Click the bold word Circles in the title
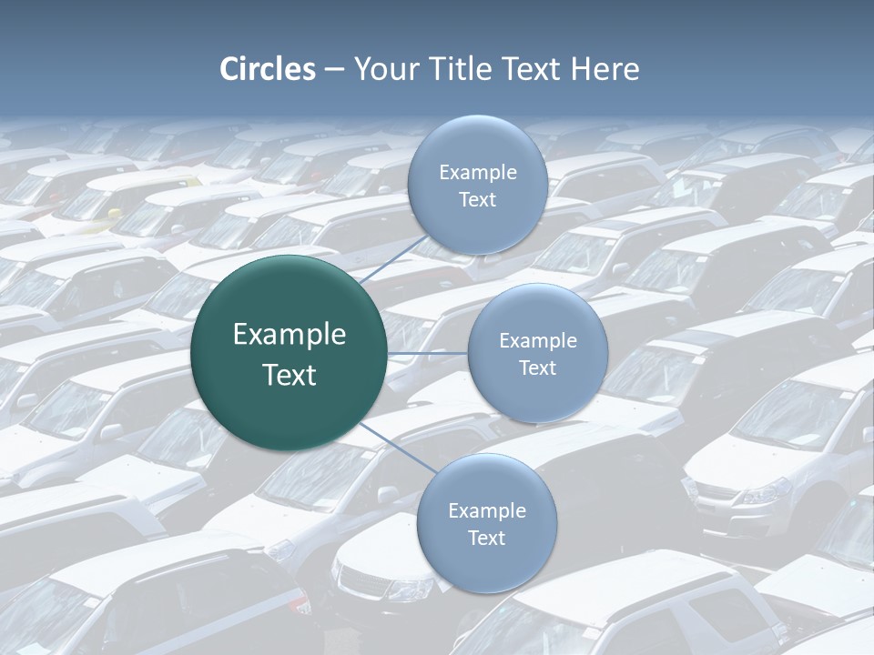coord(268,69)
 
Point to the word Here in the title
coord(605,69)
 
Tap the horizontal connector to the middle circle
coord(428,353)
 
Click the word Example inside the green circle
coord(290,335)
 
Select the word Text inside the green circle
coord(290,375)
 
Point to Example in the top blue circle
coord(478,172)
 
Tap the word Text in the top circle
coord(477,199)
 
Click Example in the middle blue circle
coord(538,340)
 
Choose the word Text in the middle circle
coord(537,368)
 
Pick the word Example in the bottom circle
coord(487,510)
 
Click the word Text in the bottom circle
coord(486,538)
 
